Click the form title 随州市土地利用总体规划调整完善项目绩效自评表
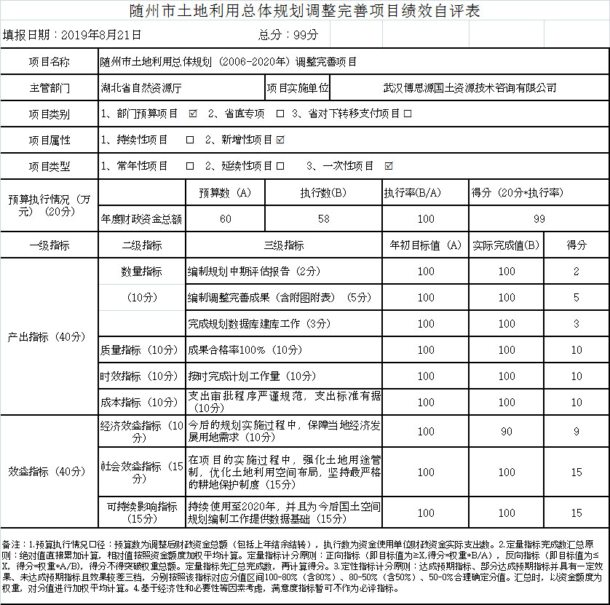click(x=304, y=12)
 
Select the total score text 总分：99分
click(x=289, y=35)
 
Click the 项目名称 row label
click(x=49, y=62)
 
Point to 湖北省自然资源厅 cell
click(x=141, y=88)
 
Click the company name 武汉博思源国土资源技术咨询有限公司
click(x=470, y=88)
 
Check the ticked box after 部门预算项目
click(x=193, y=114)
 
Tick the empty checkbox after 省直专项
click(x=280, y=114)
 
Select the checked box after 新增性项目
click(x=280, y=140)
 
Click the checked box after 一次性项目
click(x=388, y=166)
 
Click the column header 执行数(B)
click(x=323, y=193)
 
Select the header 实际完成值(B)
click(x=506, y=245)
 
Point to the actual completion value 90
click(x=507, y=432)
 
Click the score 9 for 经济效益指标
click(x=577, y=432)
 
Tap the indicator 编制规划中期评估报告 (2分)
click(x=254, y=272)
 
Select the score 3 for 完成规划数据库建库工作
click(x=577, y=324)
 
